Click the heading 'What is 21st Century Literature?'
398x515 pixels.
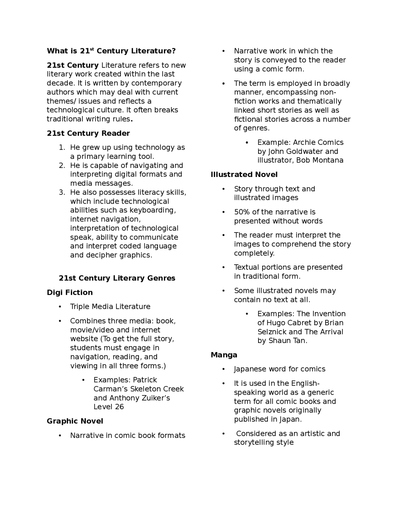(x=111, y=51)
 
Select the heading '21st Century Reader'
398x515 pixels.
(x=88, y=133)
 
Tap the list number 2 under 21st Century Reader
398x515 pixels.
(x=62, y=165)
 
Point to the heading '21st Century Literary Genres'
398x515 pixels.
(x=117, y=278)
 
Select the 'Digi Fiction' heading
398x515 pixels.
(x=70, y=292)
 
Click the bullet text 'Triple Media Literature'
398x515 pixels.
(x=110, y=307)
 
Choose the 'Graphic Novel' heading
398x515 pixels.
(x=75, y=421)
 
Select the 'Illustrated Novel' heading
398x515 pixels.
(x=244, y=174)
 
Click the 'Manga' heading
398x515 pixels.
(x=224, y=355)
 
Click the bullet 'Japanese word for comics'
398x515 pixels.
(x=280, y=369)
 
